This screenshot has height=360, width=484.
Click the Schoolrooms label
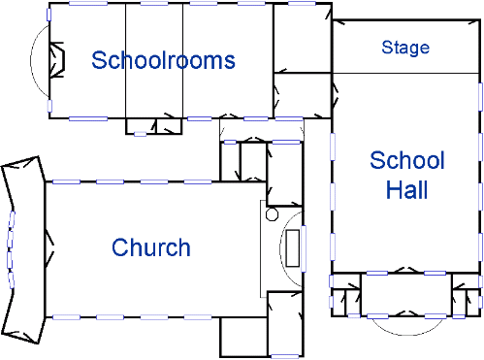pyautogui.click(x=163, y=60)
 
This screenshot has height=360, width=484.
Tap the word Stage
pyautogui.click(x=405, y=48)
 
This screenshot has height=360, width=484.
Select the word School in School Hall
pyautogui.click(x=407, y=160)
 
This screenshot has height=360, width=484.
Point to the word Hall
pyautogui.click(x=407, y=189)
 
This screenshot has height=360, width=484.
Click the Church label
pyautogui.click(x=151, y=247)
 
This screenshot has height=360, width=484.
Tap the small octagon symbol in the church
pyautogui.click(x=272, y=214)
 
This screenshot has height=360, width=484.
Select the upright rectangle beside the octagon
pyautogui.click(x=293, y=248)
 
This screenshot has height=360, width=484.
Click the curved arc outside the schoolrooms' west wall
pyautogui.click(x=31, y=60)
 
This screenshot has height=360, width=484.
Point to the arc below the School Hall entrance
pyautogui.click(x=406, y=334)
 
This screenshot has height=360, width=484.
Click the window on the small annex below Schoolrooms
pyautogui.click(x=140, y=134)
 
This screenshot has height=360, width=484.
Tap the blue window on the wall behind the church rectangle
pyautogui.click(x=304, y=248)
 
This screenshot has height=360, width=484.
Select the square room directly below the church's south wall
pyautogui.click(x=244, y=337)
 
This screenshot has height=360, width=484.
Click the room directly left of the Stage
pyautogui.click(x=303, y=38)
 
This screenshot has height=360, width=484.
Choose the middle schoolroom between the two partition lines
pyautogui.click(x=154, y=61)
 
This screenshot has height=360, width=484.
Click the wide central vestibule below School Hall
pyautogui.click(x=406, y=294)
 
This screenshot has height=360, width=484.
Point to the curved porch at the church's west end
pyautogui.click(x=23, y=249)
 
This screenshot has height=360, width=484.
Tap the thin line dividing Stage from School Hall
pyautogui.click(x=405, y=73)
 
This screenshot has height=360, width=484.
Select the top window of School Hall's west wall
pyautogui.click(x=333, y=147)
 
